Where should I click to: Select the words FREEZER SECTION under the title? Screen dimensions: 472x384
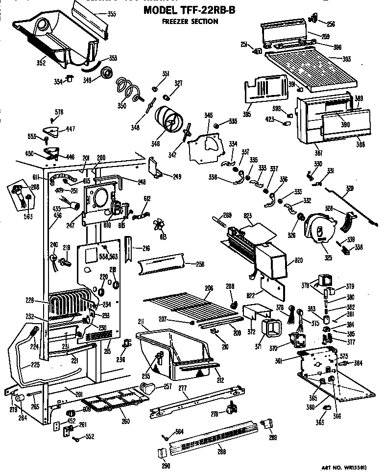pos(191,22)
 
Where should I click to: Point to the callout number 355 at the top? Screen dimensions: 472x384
pos(112,14)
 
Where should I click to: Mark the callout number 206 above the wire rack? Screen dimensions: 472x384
pos(209,289)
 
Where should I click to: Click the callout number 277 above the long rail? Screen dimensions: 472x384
pos(183,388)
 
